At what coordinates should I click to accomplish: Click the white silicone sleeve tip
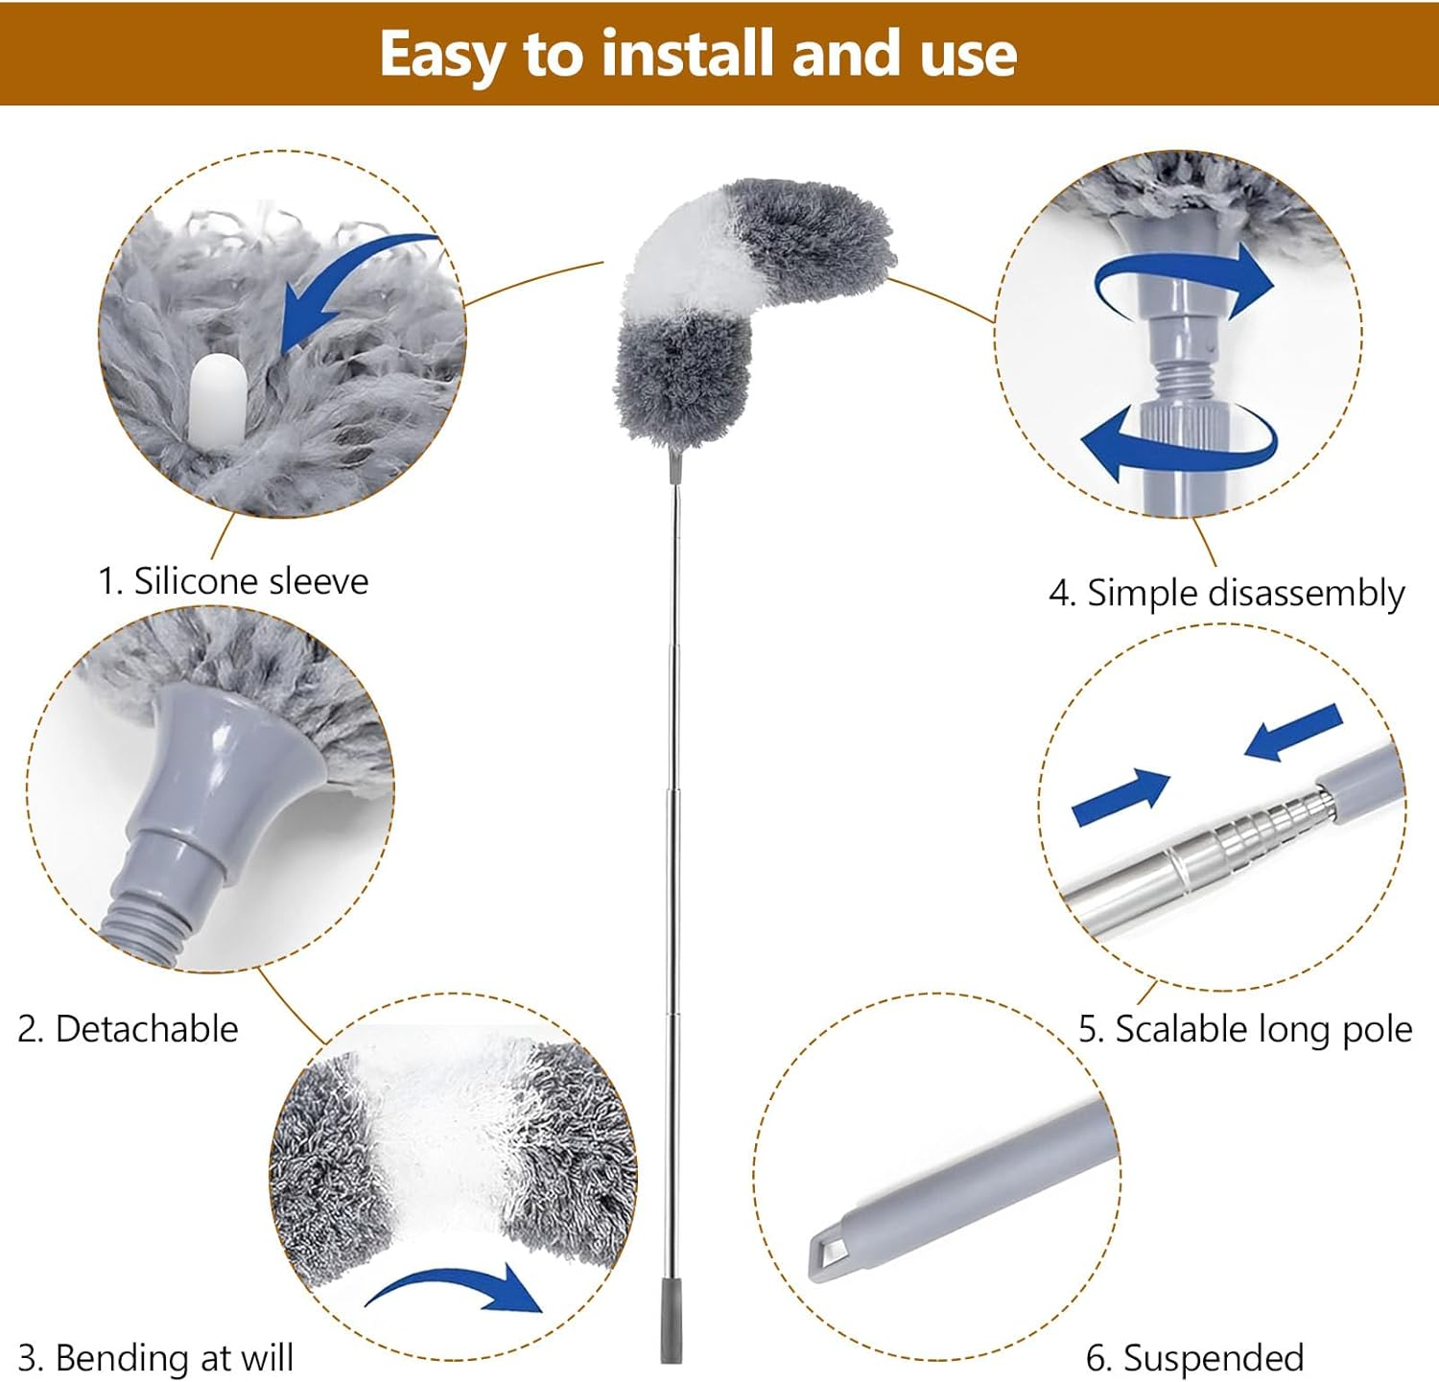pos(218,398)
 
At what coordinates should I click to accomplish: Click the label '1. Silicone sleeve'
pos(233,581)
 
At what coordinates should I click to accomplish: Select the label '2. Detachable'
pos(128,1029)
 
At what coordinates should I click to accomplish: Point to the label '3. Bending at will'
pos(155,1358)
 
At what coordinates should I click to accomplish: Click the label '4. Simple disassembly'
pos(1226,593)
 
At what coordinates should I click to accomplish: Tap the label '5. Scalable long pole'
pos(1244,1029)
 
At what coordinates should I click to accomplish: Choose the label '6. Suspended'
pos(1194,1358)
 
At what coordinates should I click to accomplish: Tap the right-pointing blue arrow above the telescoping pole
pos(1121,796)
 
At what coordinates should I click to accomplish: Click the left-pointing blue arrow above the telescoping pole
pos(1293,732)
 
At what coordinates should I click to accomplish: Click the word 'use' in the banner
pos(968,53)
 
